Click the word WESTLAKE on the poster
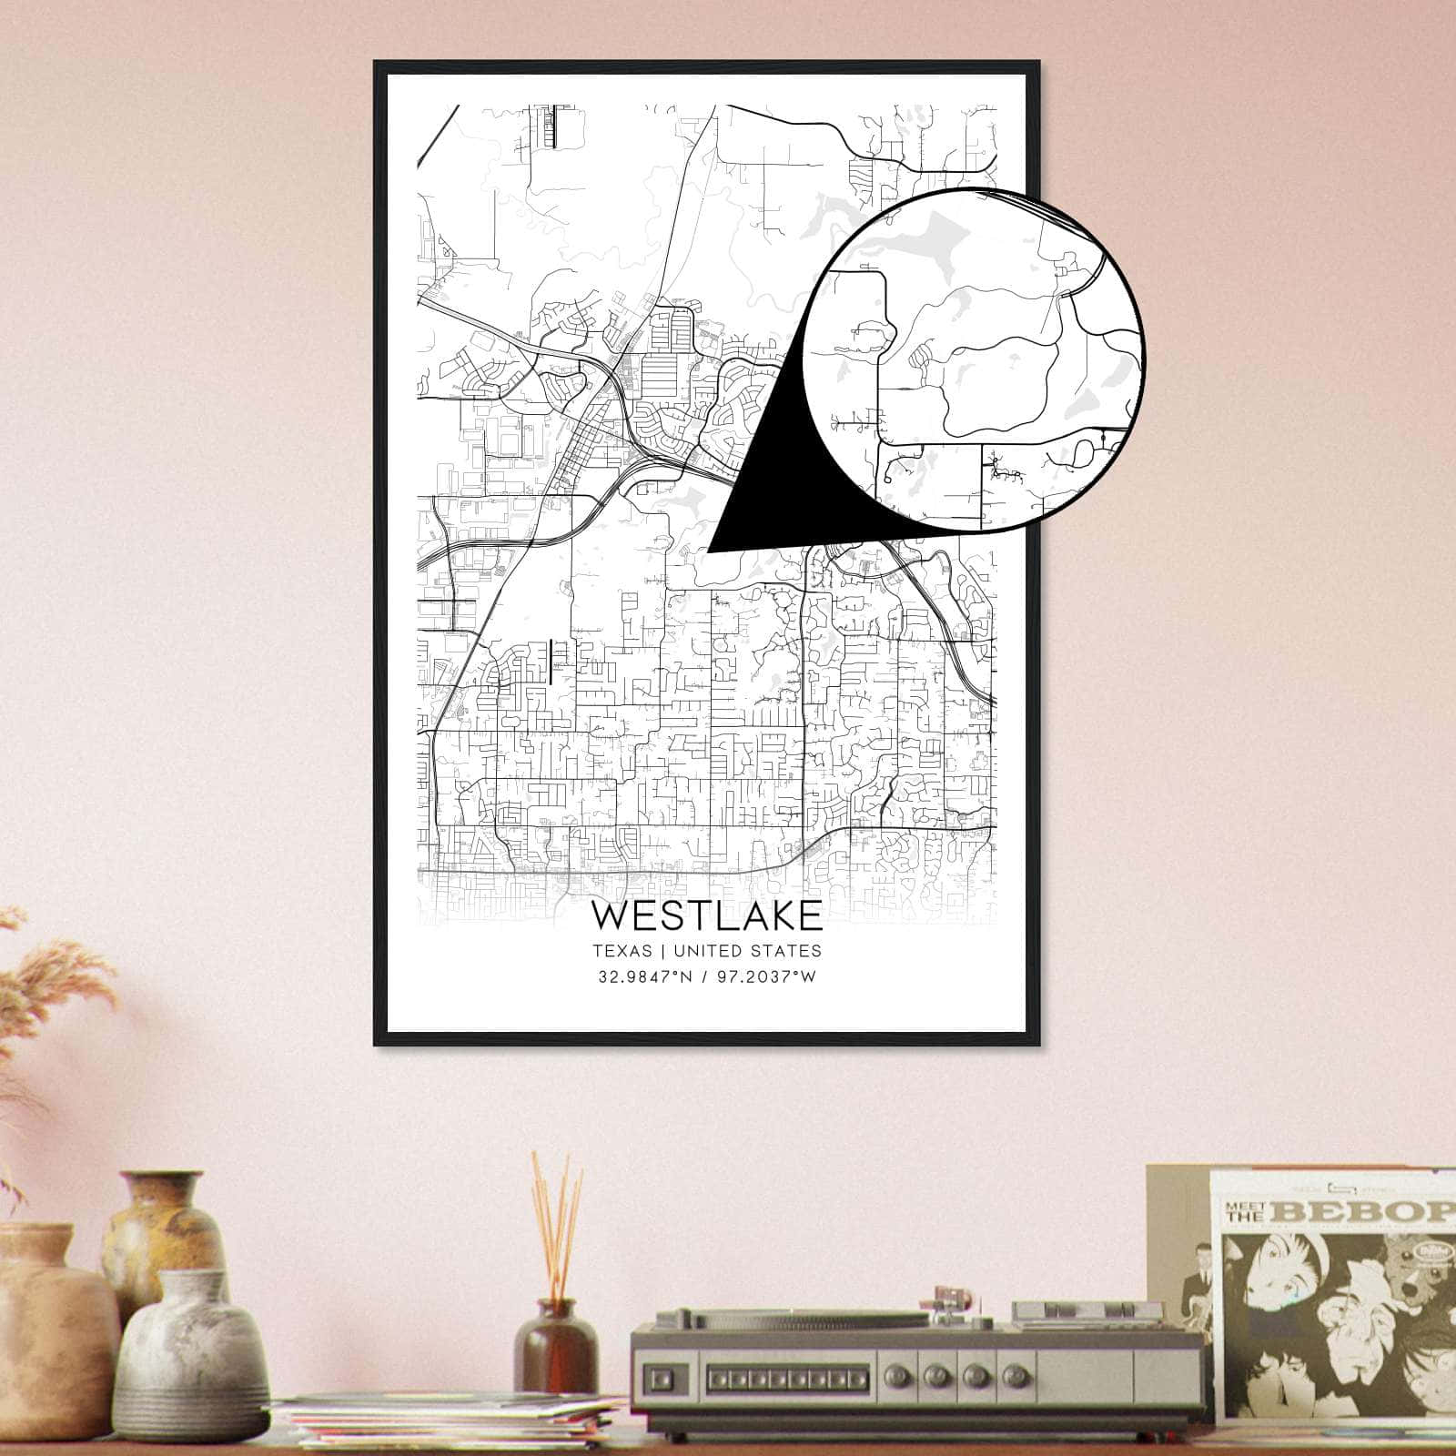(x=707, y=915)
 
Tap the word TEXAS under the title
(x=622, y=951)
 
